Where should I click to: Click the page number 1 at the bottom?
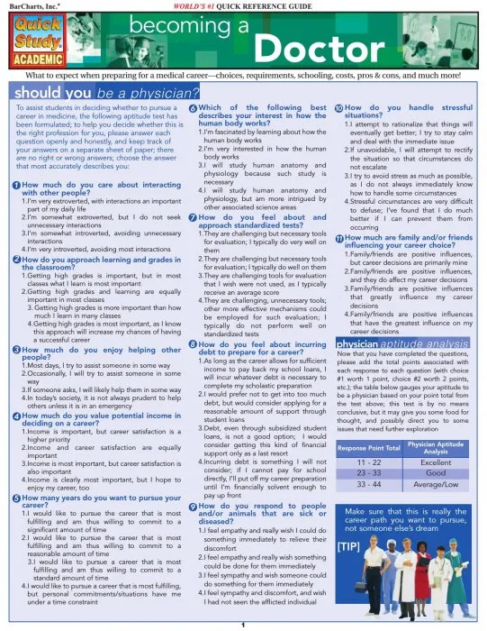coord(243,624)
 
